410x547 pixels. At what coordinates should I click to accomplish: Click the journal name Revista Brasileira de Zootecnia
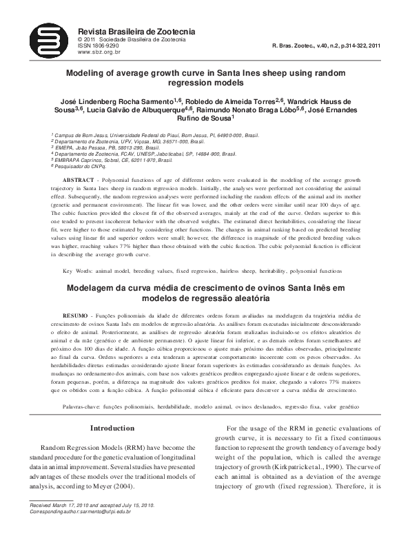137,32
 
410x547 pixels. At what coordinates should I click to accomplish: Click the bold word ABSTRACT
78,178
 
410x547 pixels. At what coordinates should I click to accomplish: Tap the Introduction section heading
113,429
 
